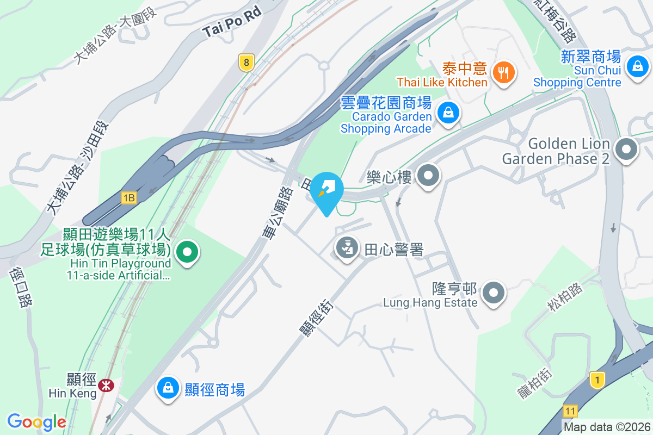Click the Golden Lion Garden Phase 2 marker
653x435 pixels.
[x=627, y=149]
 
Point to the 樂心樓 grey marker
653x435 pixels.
[x=428, y=176]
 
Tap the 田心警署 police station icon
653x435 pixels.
[x=347, y=248]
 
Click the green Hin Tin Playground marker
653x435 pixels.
[x=188, y=252]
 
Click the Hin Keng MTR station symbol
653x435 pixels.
[x=106, y=385]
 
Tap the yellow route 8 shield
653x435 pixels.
[x=247, y=63]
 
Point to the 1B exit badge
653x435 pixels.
[x=129, y=198]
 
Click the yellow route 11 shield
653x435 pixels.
[x=570, y=411]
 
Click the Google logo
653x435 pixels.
[x=36, y=422]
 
